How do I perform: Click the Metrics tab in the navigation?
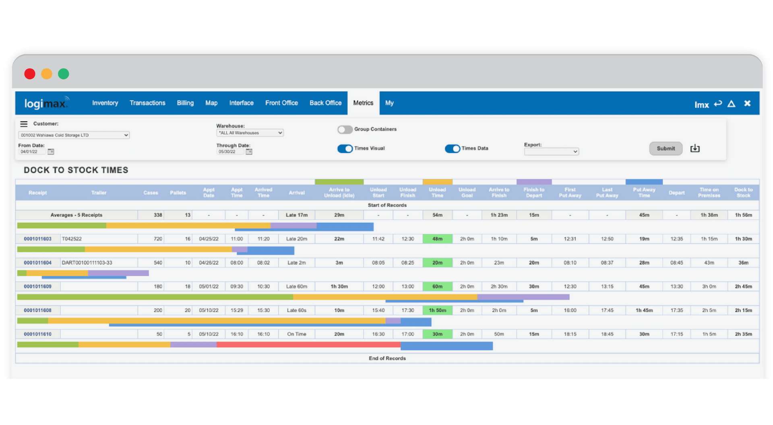(363, 103)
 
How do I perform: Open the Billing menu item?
(185, 103)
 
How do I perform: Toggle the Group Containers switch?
(345, 130)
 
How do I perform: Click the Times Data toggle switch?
(452, 149)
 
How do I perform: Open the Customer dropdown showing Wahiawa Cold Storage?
(74, 135)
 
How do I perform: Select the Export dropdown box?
(551, 152)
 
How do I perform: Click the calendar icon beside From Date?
(51, 152)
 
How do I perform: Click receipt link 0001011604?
(38, 263)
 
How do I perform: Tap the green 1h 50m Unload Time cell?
(437, 310)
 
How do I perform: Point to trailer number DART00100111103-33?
(87, 263)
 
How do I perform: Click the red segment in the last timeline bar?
(308, 345)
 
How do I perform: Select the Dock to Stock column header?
(743, 193)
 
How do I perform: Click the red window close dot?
(30, 74)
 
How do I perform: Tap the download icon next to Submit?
(695, 149)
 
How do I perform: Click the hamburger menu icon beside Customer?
(24, 124)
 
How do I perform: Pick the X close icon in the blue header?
(747, 103)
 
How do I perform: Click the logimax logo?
(45, 103)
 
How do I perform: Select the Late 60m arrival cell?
(297, 287)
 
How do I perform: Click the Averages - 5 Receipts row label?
(76, 215)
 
